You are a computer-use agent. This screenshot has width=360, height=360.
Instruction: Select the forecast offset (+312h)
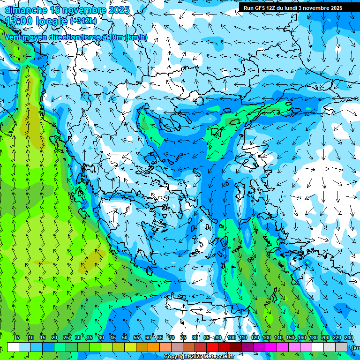tap(83, 21)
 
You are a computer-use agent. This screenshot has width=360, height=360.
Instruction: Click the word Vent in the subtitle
tap(14, 37)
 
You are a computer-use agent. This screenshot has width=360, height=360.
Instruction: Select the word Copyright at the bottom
tap(176, 357)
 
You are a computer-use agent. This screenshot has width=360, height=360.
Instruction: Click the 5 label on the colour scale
tap(17, 337)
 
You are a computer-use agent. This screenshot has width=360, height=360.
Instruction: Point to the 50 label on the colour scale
tap(125, 337)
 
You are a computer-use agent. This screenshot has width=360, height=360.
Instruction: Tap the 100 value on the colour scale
tap(231, 337)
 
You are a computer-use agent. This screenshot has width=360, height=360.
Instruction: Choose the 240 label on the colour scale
tap(348, 337)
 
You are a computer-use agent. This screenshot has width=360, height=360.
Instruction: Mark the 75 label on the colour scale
tap(183, 337)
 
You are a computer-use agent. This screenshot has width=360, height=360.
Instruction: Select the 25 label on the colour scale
tap(66, 337)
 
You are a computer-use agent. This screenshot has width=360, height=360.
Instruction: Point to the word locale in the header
tap(51, 21)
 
